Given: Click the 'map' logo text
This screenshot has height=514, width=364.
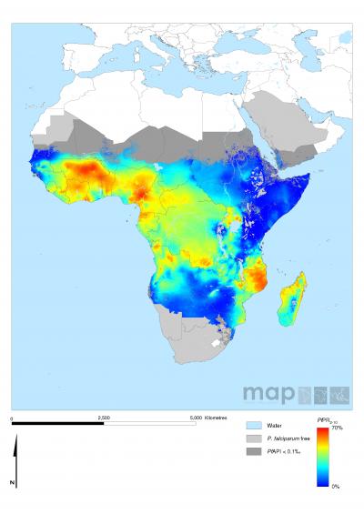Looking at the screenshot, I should (265, 394).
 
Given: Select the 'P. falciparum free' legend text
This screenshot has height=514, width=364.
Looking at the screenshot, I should (287, 438).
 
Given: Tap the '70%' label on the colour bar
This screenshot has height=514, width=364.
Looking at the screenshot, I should (336, 428).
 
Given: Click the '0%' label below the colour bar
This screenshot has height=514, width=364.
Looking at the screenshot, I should (336, 487).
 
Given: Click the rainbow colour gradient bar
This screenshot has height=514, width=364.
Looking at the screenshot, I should (322, 457).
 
